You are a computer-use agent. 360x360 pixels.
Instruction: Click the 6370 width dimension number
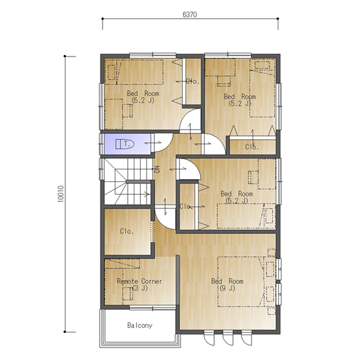[x=190, y=15]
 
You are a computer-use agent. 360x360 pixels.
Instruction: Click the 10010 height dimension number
[x=60, y=194]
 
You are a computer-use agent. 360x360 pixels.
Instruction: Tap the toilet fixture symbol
[x=124, y=144]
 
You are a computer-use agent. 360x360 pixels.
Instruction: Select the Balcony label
[x=140, y=326]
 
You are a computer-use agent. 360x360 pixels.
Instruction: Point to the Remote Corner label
[x=139, y=284]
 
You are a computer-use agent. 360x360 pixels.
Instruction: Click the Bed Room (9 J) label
[x=227, y=284]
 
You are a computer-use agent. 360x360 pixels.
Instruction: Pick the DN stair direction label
[x=157, y=169]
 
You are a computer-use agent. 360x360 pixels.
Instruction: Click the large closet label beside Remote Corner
[x=127, y=231]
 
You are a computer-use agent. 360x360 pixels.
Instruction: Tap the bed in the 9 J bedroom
[x=241, y=282]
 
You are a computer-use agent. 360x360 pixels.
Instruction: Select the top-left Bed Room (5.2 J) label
[x=143, y=97]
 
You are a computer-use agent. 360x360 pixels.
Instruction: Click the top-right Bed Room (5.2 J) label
[x=240, y=100]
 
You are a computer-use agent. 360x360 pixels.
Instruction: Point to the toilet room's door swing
[x=163, y=143]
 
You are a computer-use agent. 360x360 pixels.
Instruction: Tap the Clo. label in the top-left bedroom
[x=192, y=81]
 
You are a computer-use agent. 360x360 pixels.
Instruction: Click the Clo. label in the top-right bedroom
[x=252, y=147]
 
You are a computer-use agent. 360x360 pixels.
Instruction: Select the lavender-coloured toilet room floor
[x=128, y=144]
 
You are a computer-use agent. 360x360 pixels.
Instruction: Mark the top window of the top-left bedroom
[x=152, y=56]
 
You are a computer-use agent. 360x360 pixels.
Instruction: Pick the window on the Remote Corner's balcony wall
[x=152, y=308]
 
